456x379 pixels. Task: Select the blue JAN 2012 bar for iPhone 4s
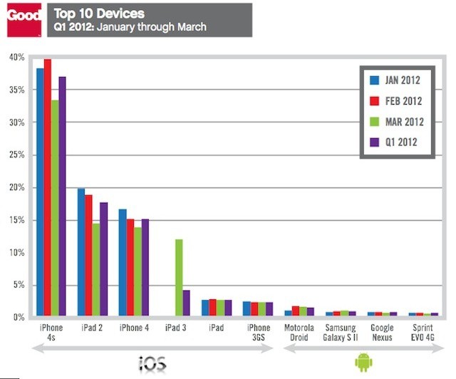point(40,192)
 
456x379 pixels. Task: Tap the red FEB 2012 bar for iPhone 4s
point(47,188)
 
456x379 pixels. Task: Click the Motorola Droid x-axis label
point(299,332)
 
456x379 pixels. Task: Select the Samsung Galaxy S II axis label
point(340,332)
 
